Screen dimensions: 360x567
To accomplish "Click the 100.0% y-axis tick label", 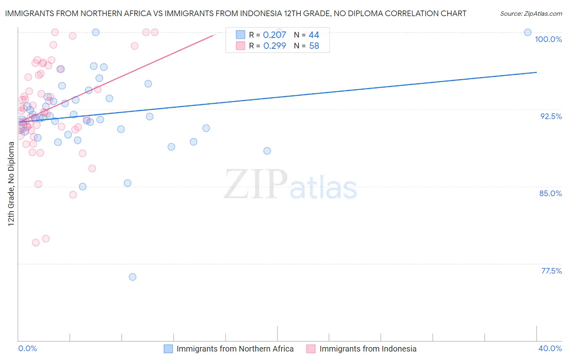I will pyautogui.click(x=548, y=39).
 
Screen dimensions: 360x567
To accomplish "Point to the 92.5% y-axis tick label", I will pyautogui.click(x=551, y=116).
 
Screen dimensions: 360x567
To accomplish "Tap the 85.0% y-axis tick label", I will pyautogui.click(x=550, y=193).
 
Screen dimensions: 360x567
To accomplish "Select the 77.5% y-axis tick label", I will pyautogui.click(x=551, y=271).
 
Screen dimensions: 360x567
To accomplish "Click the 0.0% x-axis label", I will pyautogui.click(x=27, y=348).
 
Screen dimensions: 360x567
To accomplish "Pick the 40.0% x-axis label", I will pyautogui.click(x=550, y=348).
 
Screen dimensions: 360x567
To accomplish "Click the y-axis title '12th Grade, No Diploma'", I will pyautogui.click(x=11, y=184).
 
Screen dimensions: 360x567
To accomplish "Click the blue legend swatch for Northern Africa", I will pyautogui.click(x=168, y=349).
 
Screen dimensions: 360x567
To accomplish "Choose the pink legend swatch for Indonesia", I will pyautogui.click(x=311, y=349).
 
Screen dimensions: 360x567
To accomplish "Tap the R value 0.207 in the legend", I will pyautogui.click(x=274, y=35).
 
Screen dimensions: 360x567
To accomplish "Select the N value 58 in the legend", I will pyautogui.click(x=314, y=46).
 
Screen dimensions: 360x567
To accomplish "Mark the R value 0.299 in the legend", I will pyautogui.click(x=274, y=46).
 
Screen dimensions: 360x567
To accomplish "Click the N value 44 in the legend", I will pyautogui.click(x=314, y=35).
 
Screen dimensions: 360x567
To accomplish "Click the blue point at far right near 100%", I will pyautogui.click(x=527, y=32).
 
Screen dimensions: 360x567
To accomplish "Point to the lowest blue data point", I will pyautogui.click(x=132, y=277).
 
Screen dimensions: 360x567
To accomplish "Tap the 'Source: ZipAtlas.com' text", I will pyautogui.click(x=531, y=13).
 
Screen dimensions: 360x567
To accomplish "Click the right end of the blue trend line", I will pyautogui.click(x=536, y=72).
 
